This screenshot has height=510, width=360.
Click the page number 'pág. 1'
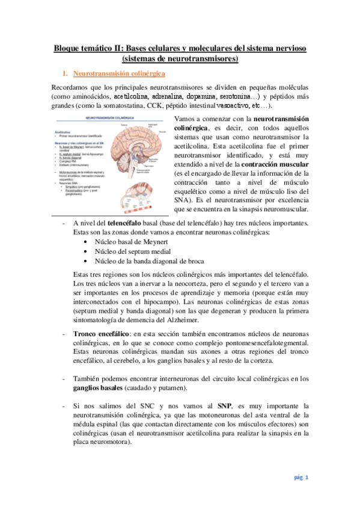coord(301,478)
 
